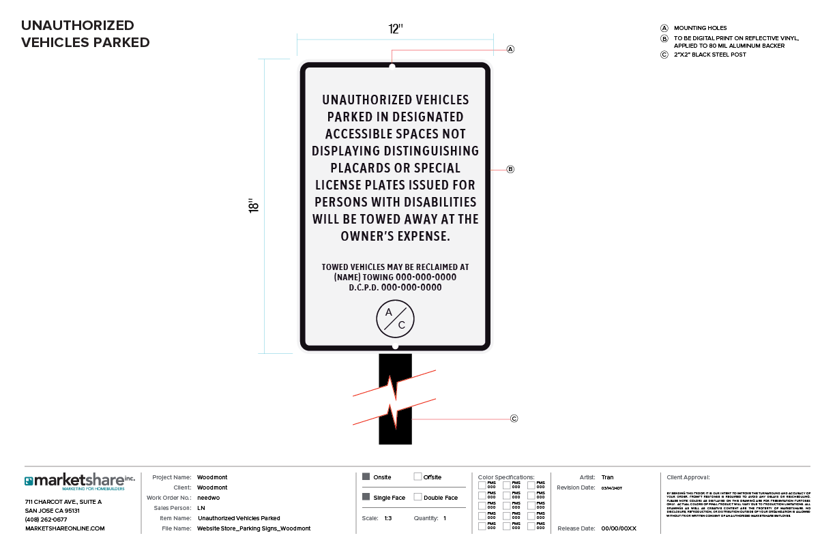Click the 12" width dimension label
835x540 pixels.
[x=396, y=29]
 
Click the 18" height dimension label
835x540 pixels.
[x=254, y=206]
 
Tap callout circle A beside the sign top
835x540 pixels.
[x=510, y=49]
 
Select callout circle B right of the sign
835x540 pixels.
[x=510, y=169]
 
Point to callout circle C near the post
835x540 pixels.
[x=514, y=419]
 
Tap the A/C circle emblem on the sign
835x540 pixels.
[x=396, y=319]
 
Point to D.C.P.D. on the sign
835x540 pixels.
[x=364, y=288]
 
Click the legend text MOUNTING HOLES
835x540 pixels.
[x=700, y=28]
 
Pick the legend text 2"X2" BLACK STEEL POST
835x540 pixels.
[x=710, y=55]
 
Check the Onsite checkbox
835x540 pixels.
[x=366, y=477]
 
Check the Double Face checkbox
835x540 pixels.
[x=418, y=497]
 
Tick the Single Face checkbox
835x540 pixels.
[x=366, y=497]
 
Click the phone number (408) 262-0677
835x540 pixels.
[x=46, y=520]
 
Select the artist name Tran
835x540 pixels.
[x=607, y=477]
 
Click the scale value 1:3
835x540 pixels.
[x=387, y=518]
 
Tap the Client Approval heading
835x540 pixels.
[x=688, y=477]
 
